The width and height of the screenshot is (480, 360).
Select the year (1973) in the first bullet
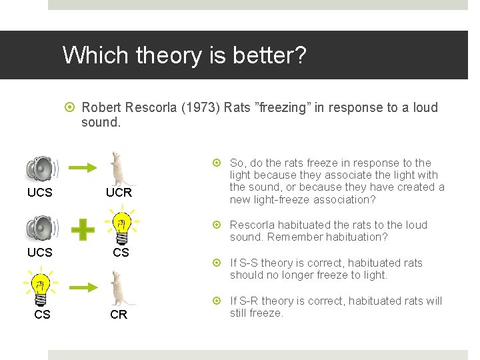pyautogui.click(x=199, y=108)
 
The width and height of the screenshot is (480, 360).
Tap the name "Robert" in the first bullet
pyautogui.click(x=103, y=108)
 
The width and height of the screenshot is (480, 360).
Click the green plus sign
pyautogui.click(x=83, y=230)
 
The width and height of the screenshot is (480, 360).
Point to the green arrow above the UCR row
pyautogui.click(x=83, y=168)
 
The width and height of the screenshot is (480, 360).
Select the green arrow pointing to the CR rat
pyautogui.click(x=83, y=287)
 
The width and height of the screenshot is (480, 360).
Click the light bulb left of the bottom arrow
pyautogui.click(x=41, y=287)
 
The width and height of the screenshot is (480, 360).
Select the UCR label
pyautogui.click(x=119, y=193)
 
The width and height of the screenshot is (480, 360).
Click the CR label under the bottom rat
pyautogui.click(x=119, y=315)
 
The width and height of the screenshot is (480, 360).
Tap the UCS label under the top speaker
pyautogui.click(x=40, y=193)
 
